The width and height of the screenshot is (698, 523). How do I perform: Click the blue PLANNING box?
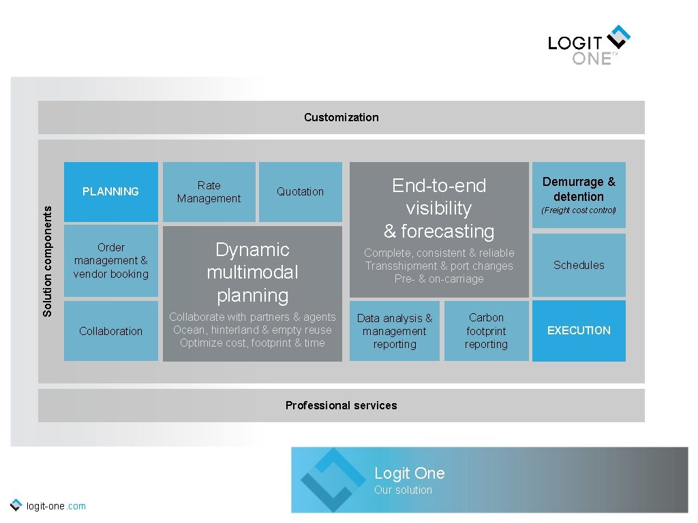pos(111,191)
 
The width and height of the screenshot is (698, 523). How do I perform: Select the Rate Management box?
pos(209,191)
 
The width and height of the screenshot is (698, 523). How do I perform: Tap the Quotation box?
pos(300,191)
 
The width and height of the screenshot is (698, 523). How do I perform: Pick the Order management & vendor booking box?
pos(111,261)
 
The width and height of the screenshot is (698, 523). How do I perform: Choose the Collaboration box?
pos(111,331)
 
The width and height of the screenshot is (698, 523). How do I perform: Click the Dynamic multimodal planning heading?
pos(252,272)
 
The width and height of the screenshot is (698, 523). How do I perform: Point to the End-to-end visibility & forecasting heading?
pos(439,208)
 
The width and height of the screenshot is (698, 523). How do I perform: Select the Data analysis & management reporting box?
pos(395,331)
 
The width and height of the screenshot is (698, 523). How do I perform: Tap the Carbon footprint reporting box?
pos(486,331)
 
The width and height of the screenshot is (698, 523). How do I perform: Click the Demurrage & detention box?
pos(579,189)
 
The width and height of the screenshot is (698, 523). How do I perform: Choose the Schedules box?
pos(579,265)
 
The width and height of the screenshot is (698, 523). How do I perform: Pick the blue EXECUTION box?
pos(579,330)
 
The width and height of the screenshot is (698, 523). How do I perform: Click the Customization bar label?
pos(341,117)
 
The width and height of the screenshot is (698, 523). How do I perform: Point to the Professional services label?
pos(341,405)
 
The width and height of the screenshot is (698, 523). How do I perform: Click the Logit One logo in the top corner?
pos(589,46)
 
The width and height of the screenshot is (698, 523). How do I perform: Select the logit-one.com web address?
pos(55,506)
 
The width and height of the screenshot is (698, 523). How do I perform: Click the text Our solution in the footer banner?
pos(403,490)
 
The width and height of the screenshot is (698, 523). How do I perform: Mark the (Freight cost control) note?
pos(579,210)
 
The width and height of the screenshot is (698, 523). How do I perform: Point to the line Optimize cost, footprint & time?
pos(252,343)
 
